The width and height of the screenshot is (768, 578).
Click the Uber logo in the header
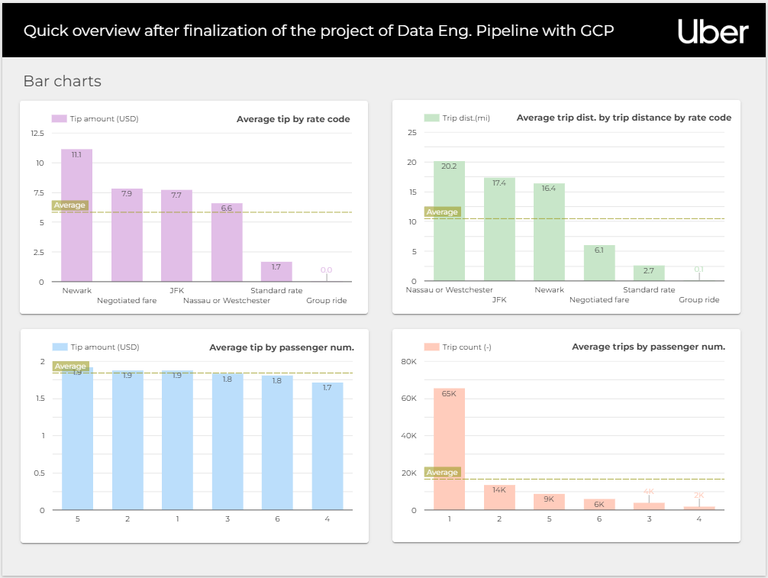point(712,31)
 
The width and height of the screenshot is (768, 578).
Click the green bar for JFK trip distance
point(499,229)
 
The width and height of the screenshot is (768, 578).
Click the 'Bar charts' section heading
point(62,81)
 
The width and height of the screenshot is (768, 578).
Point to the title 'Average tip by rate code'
point(293,119)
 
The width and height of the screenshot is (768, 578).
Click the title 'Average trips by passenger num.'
point(648,347)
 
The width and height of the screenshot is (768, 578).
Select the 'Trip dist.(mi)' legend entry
point(466,118)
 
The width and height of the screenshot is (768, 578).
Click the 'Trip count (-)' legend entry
point(466,347)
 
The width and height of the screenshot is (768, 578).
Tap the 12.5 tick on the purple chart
point(37,134)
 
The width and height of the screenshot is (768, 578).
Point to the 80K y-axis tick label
point(408,361)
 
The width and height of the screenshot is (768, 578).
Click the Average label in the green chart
point(442,212)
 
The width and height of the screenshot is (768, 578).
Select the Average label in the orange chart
point(442,473)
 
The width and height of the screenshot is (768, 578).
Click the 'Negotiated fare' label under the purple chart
point(127,301)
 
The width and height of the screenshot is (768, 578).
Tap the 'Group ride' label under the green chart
point(699,300)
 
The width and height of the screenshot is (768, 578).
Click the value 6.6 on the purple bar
point(227,208)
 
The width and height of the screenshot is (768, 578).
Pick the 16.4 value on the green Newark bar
point(549,188)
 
